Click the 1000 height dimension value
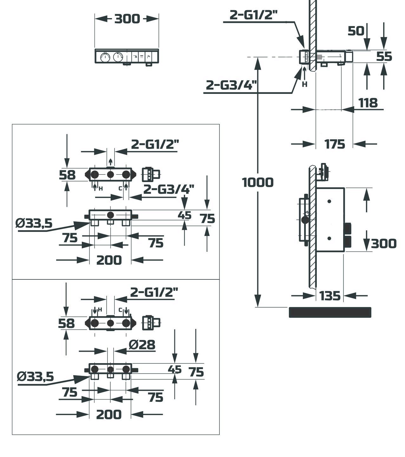258,182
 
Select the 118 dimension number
368,103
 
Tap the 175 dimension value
335,144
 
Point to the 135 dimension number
330,296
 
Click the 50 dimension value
356,31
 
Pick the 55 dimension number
384,56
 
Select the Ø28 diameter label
142,344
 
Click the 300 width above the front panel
127,19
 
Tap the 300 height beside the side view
384,244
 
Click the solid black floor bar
330,312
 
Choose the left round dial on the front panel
105,57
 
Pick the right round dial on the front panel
118,57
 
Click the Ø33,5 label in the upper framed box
34,224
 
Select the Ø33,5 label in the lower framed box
36,377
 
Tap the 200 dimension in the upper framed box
109,260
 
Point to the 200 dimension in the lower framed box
109,414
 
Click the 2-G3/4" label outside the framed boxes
231,85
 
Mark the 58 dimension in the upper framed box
67,175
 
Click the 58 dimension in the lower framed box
66,323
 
